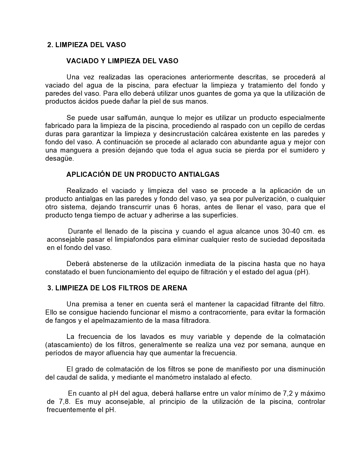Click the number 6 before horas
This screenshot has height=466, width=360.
click(175, 207)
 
